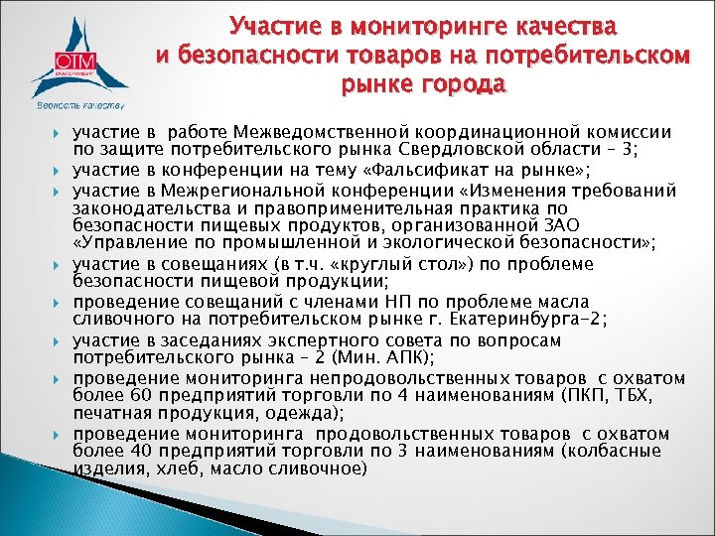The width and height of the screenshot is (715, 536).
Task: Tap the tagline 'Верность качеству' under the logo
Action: (79, 104)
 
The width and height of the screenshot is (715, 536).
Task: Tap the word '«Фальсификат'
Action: (424, 169)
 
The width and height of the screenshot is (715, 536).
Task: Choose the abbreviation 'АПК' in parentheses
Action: (347, 355)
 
